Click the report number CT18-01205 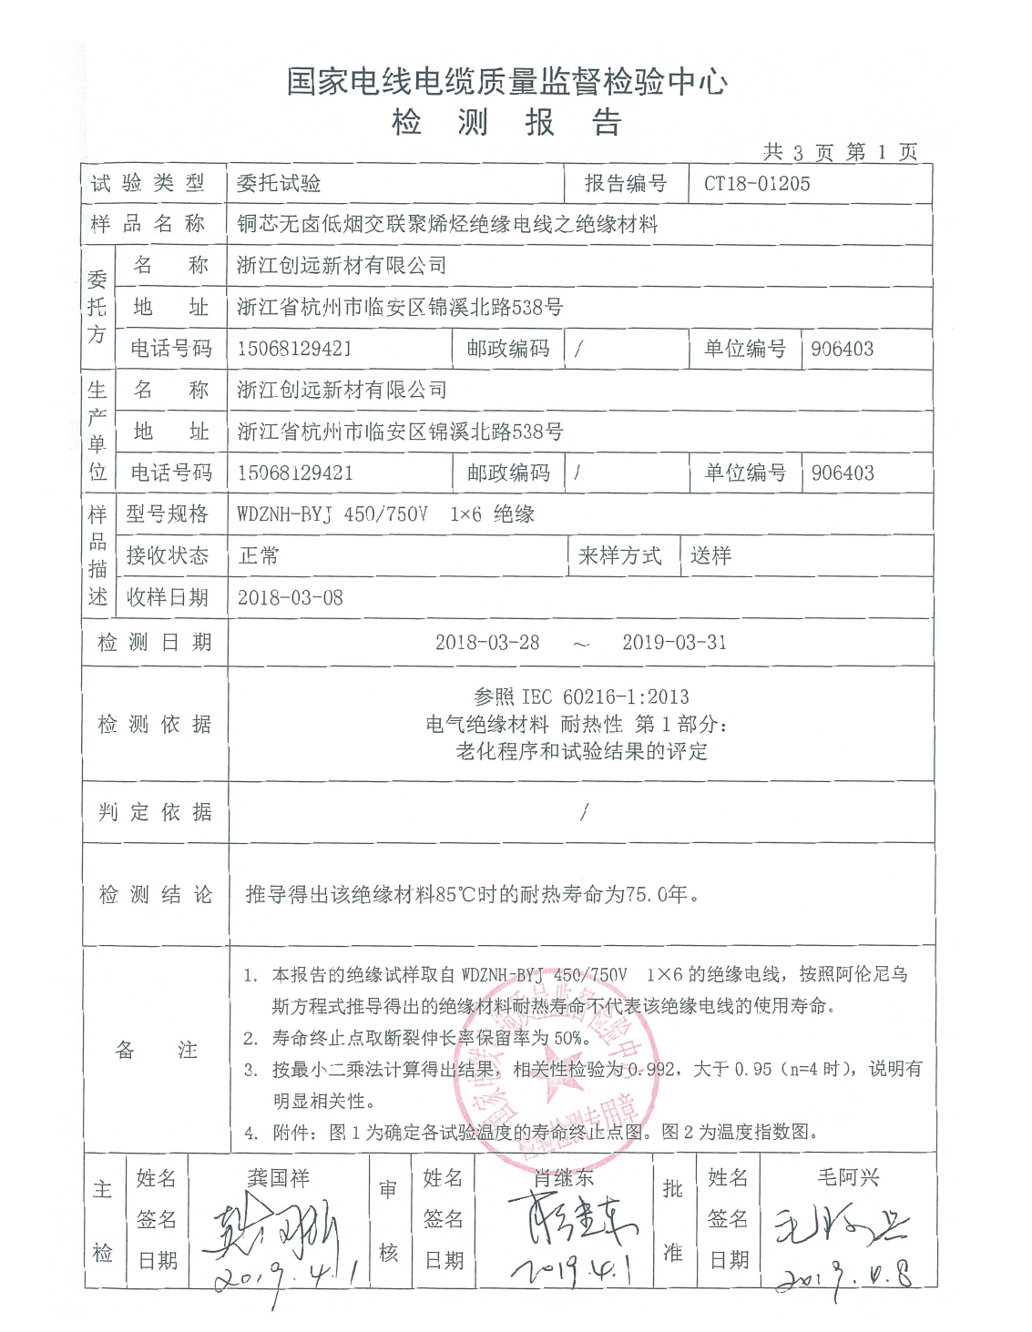(x=757, y=184)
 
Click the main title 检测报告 (x=506, y=122)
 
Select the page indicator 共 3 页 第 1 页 (x=840, y=152)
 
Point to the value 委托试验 (x=279, y=184)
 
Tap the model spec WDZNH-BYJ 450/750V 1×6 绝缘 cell (x=385, y=514)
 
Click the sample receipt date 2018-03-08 (x=291, y=598)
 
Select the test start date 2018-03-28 (x=487, y=643)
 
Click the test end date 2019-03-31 (x=674, y=643)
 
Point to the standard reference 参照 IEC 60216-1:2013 (x=581, y=697)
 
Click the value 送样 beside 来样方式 (x=710, y=556)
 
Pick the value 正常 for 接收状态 (x=259, y=556)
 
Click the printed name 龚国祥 (x=279, y=1178)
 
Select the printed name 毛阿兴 (x=848, y=1178)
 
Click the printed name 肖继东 (x=564, y=1178)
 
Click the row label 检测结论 (x=155, y=895)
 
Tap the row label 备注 (x=156, y=1051)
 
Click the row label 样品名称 (x=148, y=224)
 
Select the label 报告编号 (x=625, y=184)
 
